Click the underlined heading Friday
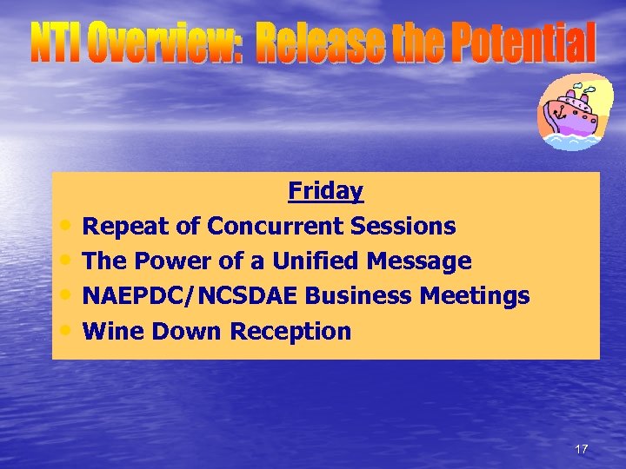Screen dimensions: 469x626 (325, 191)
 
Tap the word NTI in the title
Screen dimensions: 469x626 (57, 44)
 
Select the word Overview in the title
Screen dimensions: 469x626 (165, 44)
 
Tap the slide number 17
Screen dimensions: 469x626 (581, 449)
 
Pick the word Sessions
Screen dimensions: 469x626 (403, 227)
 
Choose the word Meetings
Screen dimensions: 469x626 (475, 296)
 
